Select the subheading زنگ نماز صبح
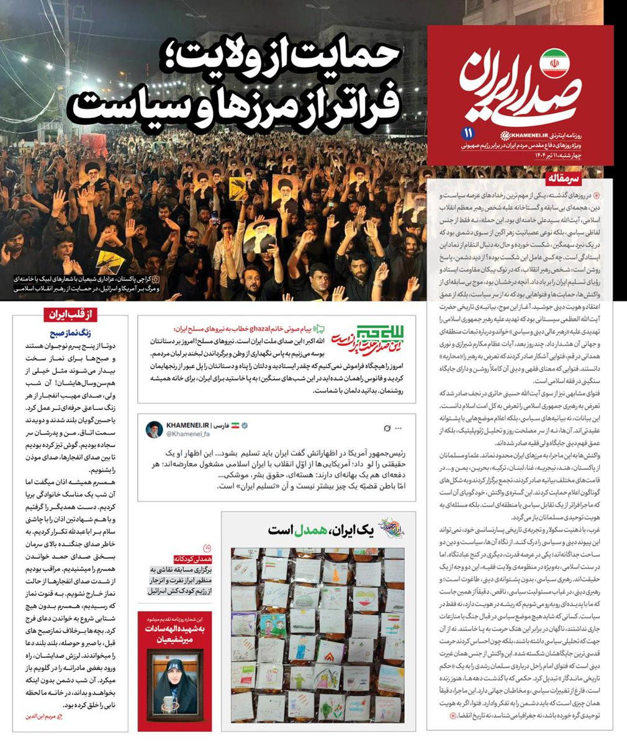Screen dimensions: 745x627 pyautogui.click(x=100, y=333)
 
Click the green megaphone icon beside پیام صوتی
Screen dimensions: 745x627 pyautogui.click(x=320, y=330)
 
